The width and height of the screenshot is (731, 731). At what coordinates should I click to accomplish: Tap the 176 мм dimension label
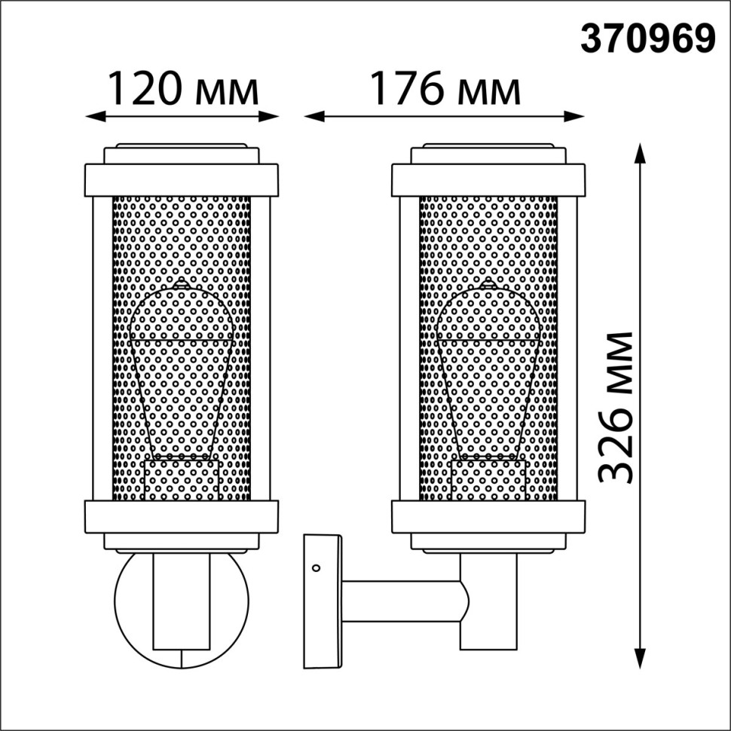tap(445, 88)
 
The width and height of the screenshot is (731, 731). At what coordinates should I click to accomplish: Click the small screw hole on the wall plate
tap(317, 567)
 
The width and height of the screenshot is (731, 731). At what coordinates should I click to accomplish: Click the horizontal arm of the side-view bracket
tap(399, 601)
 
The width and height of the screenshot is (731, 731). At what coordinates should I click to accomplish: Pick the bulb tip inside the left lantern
tap(180, 284)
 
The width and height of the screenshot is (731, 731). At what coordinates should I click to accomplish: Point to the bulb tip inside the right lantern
tap(488, 284)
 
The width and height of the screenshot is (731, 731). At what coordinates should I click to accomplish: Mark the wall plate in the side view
tap(323, 601)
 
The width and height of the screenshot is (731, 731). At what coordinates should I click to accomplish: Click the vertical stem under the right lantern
tap(488, 603)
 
